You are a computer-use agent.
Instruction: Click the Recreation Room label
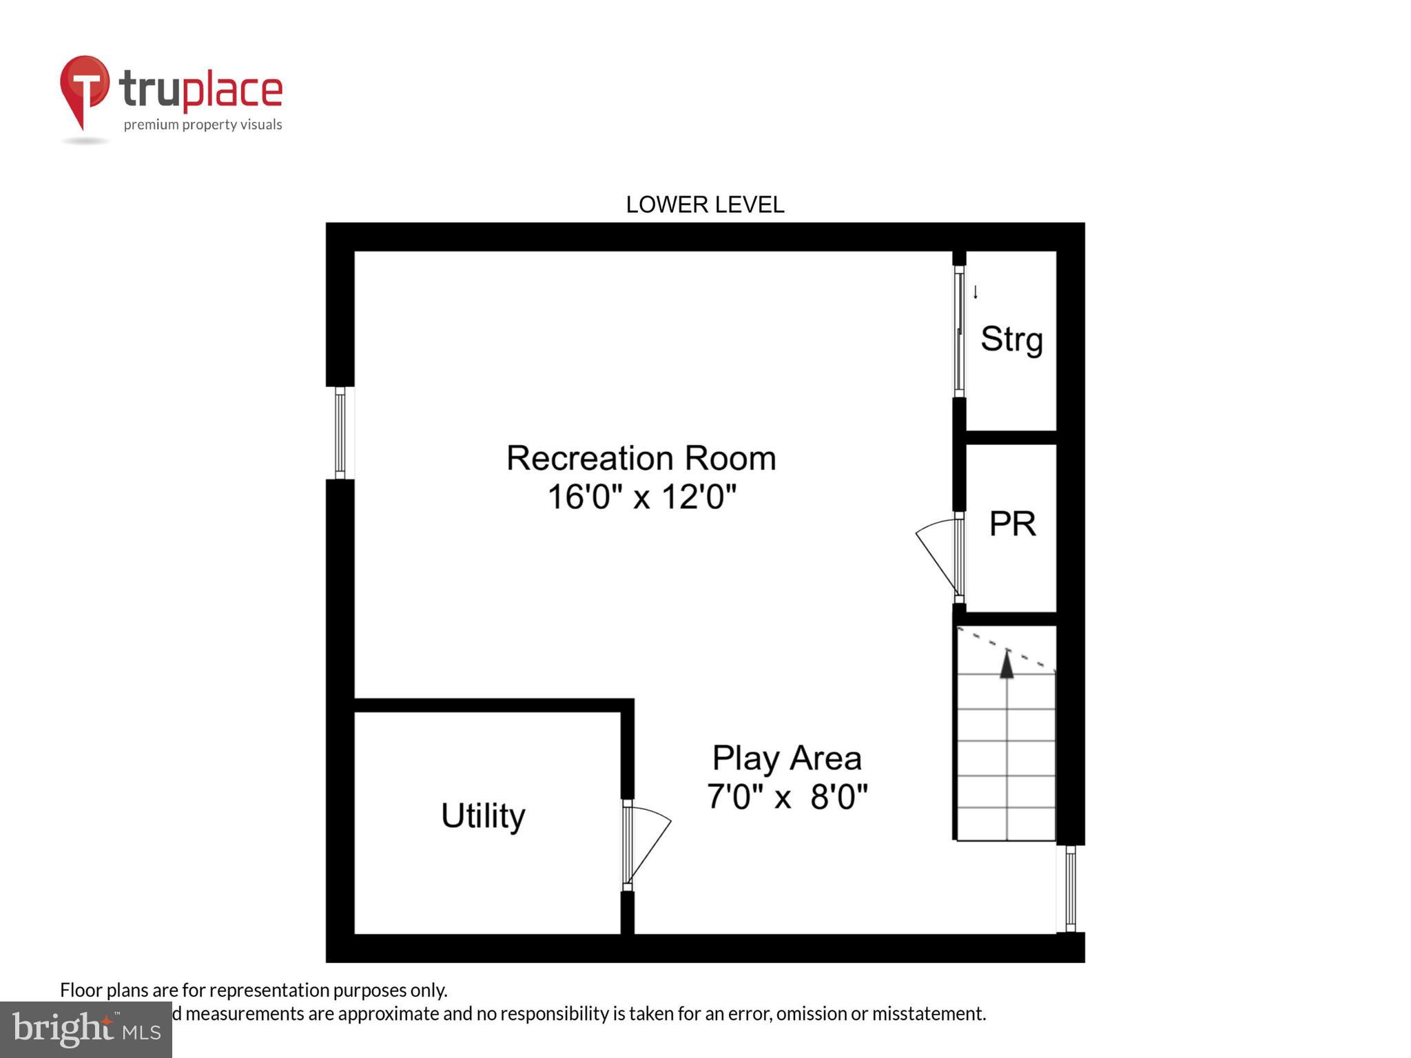[x=641, y=459]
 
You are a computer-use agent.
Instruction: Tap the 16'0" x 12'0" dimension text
[x=641, y=497]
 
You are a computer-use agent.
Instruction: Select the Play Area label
[x=786, y=758]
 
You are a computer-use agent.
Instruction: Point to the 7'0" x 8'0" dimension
[x=786, y=797]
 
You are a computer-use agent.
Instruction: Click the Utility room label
[x=482, y=816]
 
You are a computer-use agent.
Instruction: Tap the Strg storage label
[x=1011, y=339]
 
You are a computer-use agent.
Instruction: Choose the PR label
[x=1011, y=524]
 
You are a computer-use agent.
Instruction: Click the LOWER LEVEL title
[x=704, y=205]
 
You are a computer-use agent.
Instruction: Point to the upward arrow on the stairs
[x=1007, y=665]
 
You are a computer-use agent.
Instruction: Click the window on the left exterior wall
[x=340, y=433]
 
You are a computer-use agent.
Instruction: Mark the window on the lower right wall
[x=1070, y=889]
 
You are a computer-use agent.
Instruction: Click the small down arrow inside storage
[x=976, y=292]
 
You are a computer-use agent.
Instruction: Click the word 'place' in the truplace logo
[x=232, y=90]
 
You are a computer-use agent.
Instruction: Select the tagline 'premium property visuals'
[x=203, y=125]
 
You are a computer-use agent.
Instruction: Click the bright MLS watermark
[x=85, y=1030]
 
